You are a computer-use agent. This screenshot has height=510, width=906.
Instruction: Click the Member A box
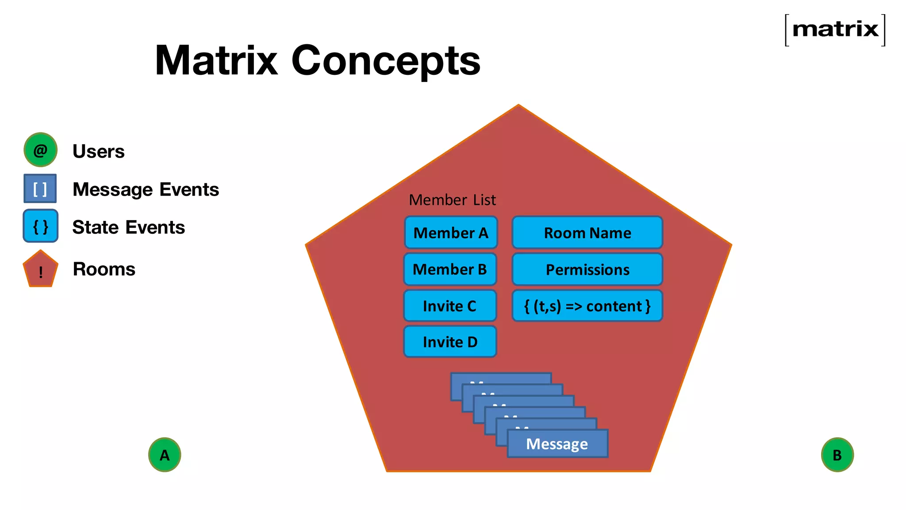pyautogui.click(x=451, y=233)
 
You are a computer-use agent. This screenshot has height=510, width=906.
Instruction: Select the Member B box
pyautogui.click(x=450, y=269)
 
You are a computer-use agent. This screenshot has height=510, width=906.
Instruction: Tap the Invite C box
pyautogui.click(x=450, y=306)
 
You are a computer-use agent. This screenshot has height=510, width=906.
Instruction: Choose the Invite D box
pyautogui.click(x=450, y=342)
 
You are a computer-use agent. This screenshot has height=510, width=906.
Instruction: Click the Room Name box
pyautogui.click(x=587, y=233)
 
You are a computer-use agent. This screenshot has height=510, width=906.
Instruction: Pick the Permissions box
pyautogui.click(x=587, y=270)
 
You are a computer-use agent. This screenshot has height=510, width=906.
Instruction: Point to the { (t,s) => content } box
pyautogui.click(x=587, y=306)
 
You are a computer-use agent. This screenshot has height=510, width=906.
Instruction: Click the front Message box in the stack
pyautogui.click(x=557, y=444)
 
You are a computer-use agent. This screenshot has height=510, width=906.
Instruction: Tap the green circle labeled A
pyautogui.click(x=165, y=455)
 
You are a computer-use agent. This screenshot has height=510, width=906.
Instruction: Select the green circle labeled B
pyautogui.click(x=837, y=455)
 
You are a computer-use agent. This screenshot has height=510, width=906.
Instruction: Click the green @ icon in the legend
pyautogui.click(x=40, y=150)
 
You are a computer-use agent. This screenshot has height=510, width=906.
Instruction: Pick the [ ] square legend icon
pyautogui.click(x=40, y=189)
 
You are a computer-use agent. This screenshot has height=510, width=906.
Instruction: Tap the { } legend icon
pyautogui.click(x=40, y=226)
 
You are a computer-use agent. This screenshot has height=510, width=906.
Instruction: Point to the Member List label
pyautogui.click(x=452, y=200)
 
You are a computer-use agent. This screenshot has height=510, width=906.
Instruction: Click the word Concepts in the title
pyautogui.click(x=385, y=61)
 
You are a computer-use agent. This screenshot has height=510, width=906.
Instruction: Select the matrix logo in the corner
pyautogui.click(x=835, y=30)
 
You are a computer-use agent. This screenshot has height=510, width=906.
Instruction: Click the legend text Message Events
pyautogui.click(x=146, y=189)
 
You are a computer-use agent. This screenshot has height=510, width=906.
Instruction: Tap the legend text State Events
pyautogui.click(x=128, y=227)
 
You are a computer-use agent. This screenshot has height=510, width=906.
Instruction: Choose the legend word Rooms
pyautogui.click(x=104, y=269)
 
